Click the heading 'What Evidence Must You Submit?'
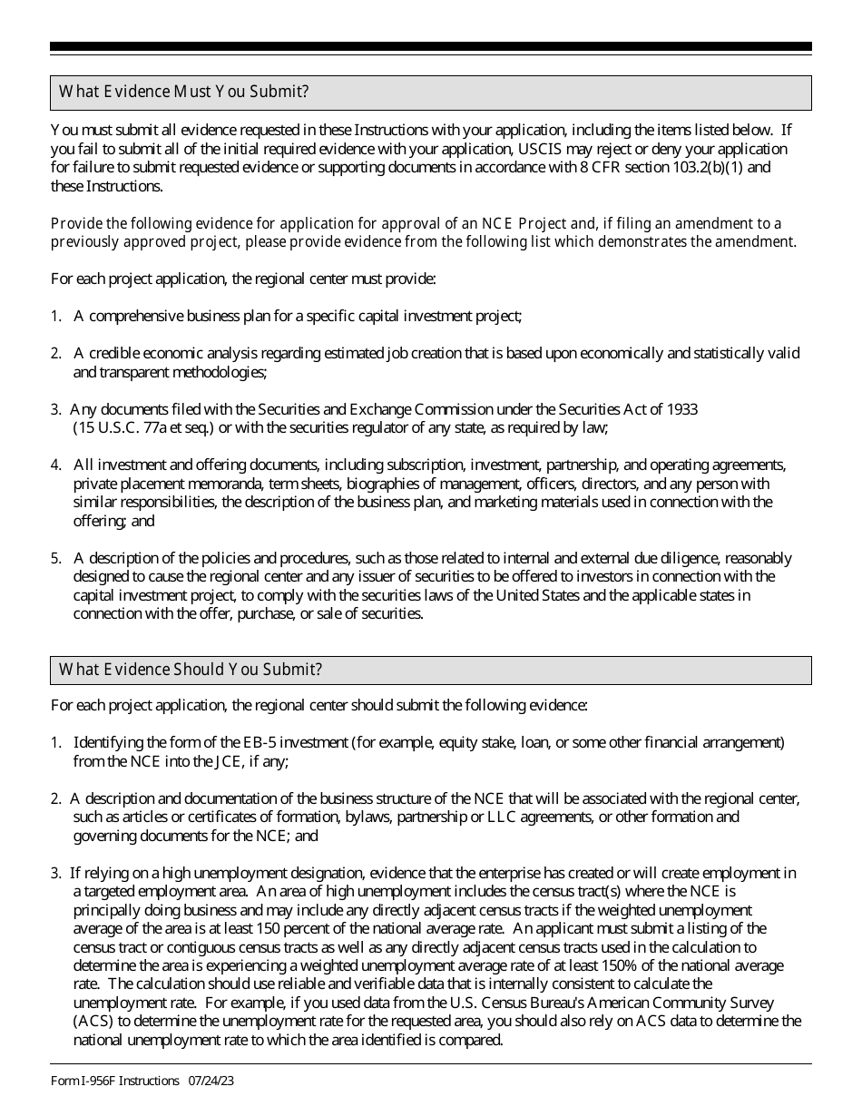pyautogui.click(x=183, y=92)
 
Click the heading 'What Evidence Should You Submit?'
pyautogui.click(x=191, y=670)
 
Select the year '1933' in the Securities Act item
pyautogui.click(x=681, y=409)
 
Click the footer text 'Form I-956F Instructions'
pyautogui.click(x=114, y=1081)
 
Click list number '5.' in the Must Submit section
pyautogui.click(x=56, y=558)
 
